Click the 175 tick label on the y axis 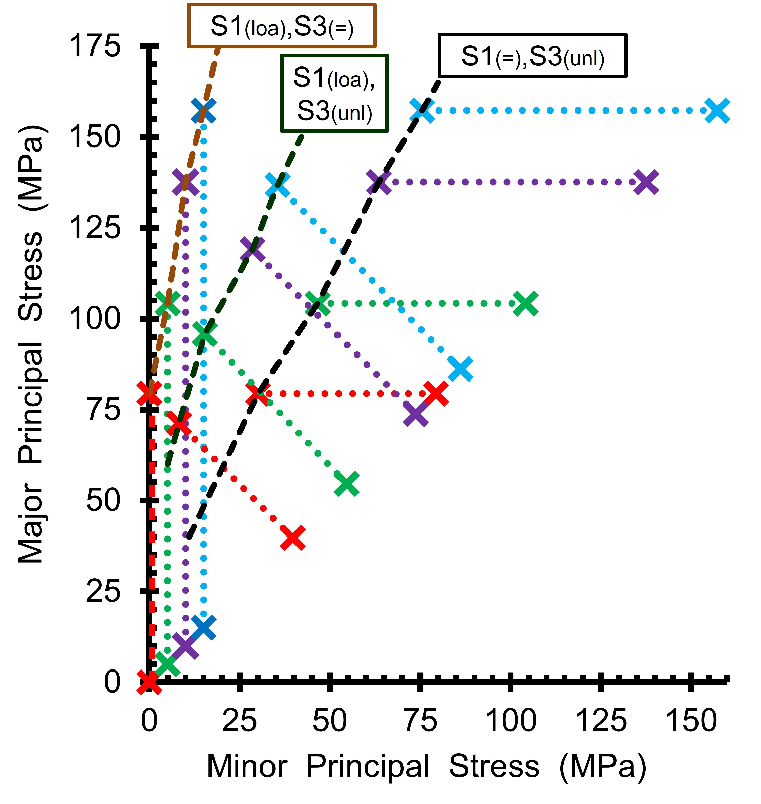click(x=95, y=46)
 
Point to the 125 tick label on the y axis click(x=95, y=228)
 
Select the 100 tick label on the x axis click(x=511, y=721)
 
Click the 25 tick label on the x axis click(x=239, y=721)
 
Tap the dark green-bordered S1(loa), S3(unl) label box click(x=334, y=94)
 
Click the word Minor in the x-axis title click(x=247, y=766)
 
